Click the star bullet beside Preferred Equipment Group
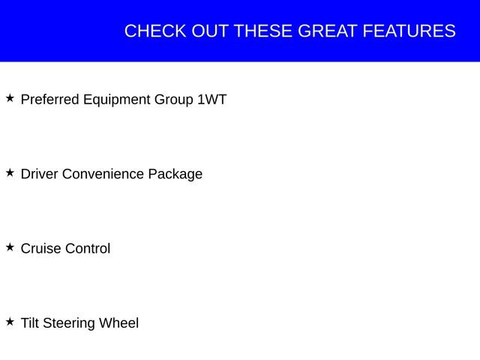point(10,98)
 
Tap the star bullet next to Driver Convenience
point(10,172)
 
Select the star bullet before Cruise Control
point(10,247)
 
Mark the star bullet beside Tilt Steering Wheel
point(10,322)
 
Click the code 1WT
point(211,100)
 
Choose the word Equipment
point(115,100)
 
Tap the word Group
point(173,100)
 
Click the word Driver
point(39,174)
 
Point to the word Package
point(175,174)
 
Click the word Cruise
point(40,248)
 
